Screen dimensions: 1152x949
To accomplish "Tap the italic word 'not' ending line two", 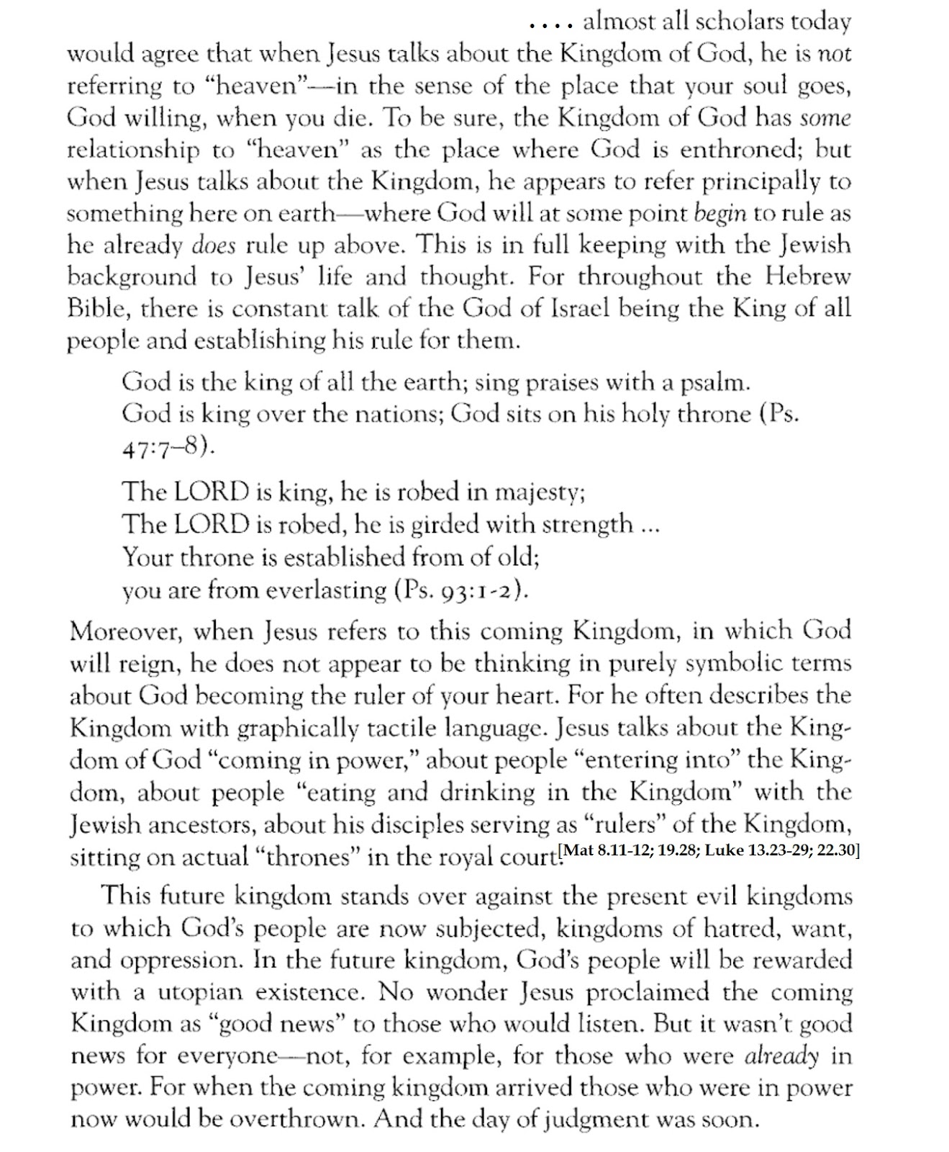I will (835, 54).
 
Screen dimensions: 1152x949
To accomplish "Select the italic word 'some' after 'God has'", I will (826, 117).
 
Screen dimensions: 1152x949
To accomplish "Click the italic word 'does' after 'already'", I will (214, 246).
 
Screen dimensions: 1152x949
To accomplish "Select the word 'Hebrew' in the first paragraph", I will (807, 276).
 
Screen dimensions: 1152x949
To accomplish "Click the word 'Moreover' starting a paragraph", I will (121, 631).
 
